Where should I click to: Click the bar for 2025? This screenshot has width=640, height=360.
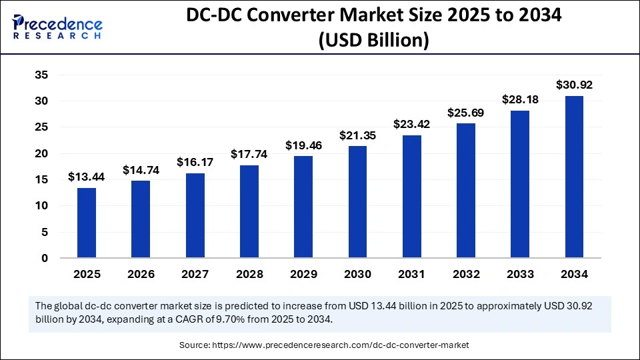(87, 223)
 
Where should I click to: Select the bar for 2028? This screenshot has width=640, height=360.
(249, 211)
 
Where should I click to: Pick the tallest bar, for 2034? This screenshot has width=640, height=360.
(575, 177)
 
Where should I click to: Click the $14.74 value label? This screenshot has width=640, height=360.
(141, 170)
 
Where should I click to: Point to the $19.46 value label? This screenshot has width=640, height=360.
(303, 145)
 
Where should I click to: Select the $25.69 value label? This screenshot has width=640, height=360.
(466, 113)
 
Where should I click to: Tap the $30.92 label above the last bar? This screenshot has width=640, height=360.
(575, 85)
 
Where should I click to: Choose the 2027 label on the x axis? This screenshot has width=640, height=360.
(195, 274)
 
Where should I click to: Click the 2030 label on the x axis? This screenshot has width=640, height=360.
(357, 274)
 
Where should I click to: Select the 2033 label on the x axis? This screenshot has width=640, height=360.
(520, 274)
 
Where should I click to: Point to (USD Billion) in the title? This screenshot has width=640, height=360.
(373, 41)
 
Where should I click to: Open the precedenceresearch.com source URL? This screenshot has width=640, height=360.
(340, 345)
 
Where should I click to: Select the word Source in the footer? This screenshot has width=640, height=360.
(194, 345)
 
